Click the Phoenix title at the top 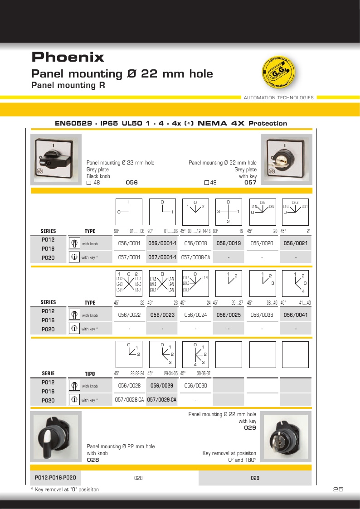pos(68,57)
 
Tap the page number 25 pos(338,490)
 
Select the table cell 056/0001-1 pos(162,243)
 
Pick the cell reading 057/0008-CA pos(195,257)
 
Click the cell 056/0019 pos(229,243)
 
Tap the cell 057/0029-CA pos(162,400)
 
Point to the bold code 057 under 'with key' pos(250,183)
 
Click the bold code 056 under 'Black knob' pos(131,183)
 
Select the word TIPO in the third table pos(90,374)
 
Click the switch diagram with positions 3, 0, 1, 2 pos(229,212)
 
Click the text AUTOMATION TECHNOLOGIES pos(278,97)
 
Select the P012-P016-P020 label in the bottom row pos(55,477)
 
